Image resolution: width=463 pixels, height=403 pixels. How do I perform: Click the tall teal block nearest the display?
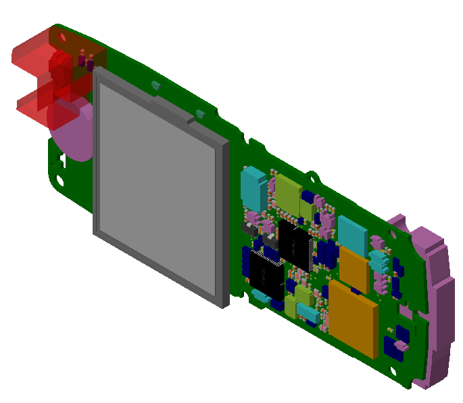[253, 188]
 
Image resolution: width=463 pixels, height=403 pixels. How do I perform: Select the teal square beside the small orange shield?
[351, 232]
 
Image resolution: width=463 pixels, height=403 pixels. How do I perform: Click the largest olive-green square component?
[289, 195]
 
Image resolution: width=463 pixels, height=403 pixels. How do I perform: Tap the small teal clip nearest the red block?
[155, 85]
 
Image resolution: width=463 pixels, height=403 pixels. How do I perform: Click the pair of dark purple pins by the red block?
[86, 62]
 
